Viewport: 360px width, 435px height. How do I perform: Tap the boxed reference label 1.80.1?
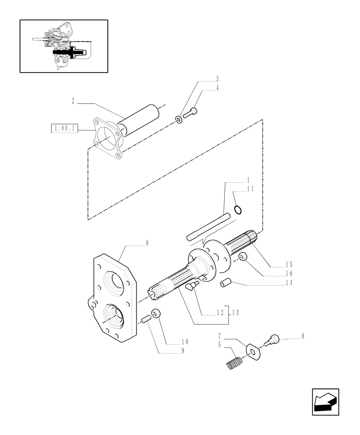[x=64, y=128]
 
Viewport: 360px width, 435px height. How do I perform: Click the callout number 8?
[x=147, y=244]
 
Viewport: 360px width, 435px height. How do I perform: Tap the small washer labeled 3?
[x=179, y=119]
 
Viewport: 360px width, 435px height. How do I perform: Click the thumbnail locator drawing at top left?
[x=64, y=46]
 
